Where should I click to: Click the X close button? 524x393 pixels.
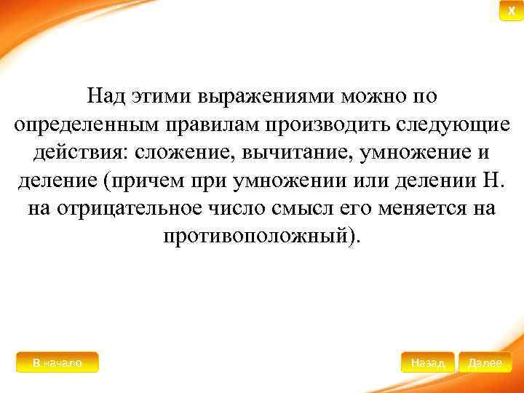[511, 11]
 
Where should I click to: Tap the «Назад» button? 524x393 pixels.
[427, 362]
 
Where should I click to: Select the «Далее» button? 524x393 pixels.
[485, 362]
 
